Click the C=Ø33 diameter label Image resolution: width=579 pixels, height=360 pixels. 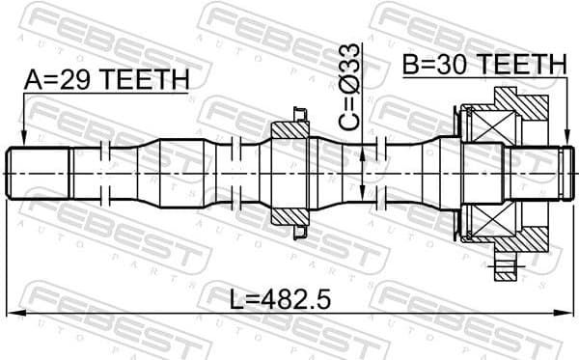click(351, 88)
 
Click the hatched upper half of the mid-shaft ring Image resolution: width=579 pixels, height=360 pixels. click(289, 129)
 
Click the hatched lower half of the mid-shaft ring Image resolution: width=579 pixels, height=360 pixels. click(289, 215)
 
